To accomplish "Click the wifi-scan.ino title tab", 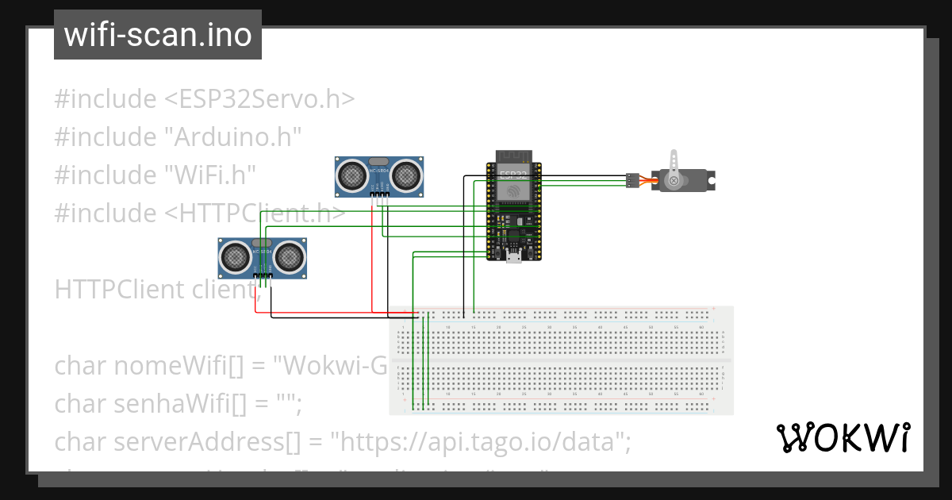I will [x=158, y=35].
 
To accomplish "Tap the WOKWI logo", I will [x=842, y=437].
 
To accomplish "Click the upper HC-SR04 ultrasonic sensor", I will [x=379, y=176].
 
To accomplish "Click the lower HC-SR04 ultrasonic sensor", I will [x=263, y=257].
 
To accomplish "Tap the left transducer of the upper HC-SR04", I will [x=351, y=173].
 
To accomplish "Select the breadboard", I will [x=561, y=360].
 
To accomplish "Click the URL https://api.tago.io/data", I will [x=480, y=441].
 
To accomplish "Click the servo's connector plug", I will [x=632, y=180].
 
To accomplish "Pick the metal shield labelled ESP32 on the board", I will [x=513, y=185].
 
